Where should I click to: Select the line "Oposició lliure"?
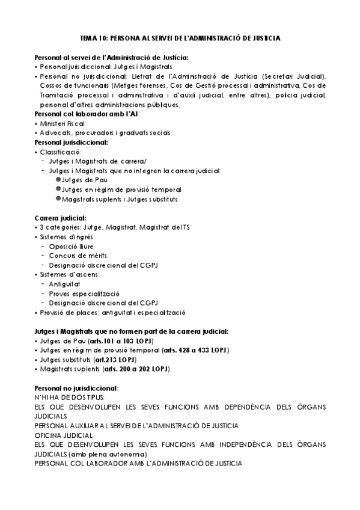click(x=72, y=247)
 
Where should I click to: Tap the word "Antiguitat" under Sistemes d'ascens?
click(x=66, y=284)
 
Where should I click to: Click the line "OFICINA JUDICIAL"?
click(x=64, y=435)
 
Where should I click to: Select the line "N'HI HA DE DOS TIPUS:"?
click(x=70, y=398)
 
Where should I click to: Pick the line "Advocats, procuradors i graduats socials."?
click(x=106, y=133)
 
